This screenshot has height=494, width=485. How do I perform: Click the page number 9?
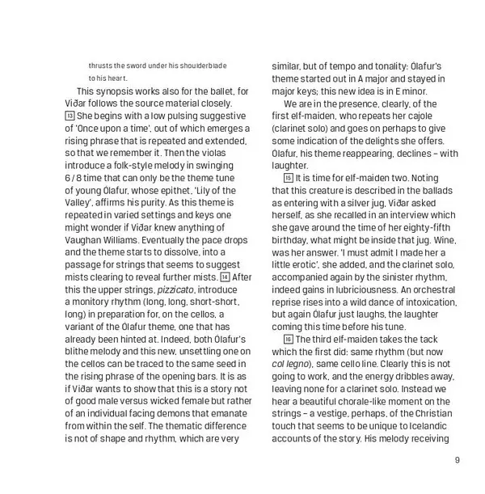[457, 461]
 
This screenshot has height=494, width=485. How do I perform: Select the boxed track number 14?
[224, 277]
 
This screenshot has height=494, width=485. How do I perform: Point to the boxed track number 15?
[289, 178]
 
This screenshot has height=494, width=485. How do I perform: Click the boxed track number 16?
[289, 339]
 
